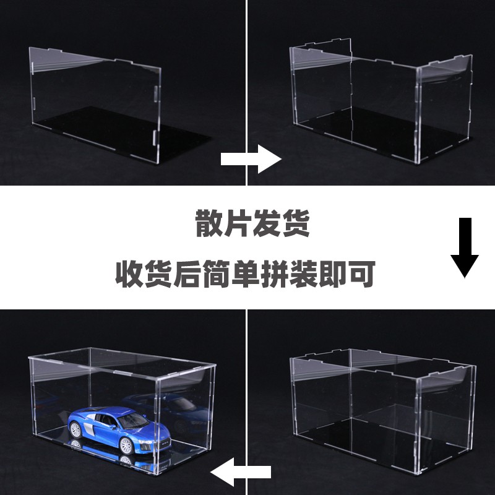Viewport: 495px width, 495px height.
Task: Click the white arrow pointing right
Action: tap(251, 159)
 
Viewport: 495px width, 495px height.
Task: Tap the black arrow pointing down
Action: tap(465, 247)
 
